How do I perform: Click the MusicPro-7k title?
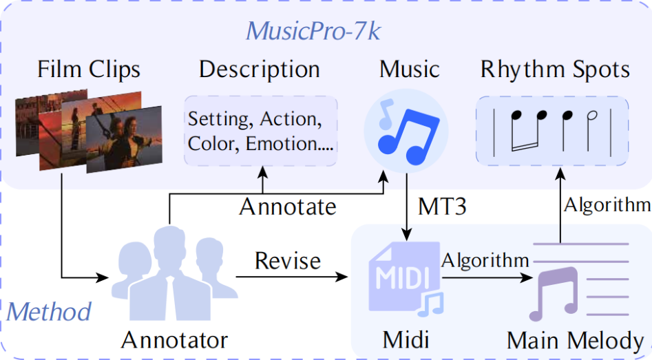(313, 31)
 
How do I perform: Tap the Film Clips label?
(89, 69)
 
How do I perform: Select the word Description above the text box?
(260, 69)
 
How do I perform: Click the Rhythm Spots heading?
(555, 69)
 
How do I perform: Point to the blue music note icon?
(406, 131)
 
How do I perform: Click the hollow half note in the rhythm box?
(591, 129)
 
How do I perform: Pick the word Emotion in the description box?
(282, 144)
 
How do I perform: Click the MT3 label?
(442, 207)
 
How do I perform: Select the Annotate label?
(288, 207)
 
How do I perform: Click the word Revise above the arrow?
(288, 261)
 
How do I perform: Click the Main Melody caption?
(575, 341)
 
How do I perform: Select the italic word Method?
(49, 311)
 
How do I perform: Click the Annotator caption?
(175, 340)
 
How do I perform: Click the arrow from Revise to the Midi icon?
(291, 277)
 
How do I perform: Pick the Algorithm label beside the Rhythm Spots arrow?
(607, 205)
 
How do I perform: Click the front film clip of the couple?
(124, 139)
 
